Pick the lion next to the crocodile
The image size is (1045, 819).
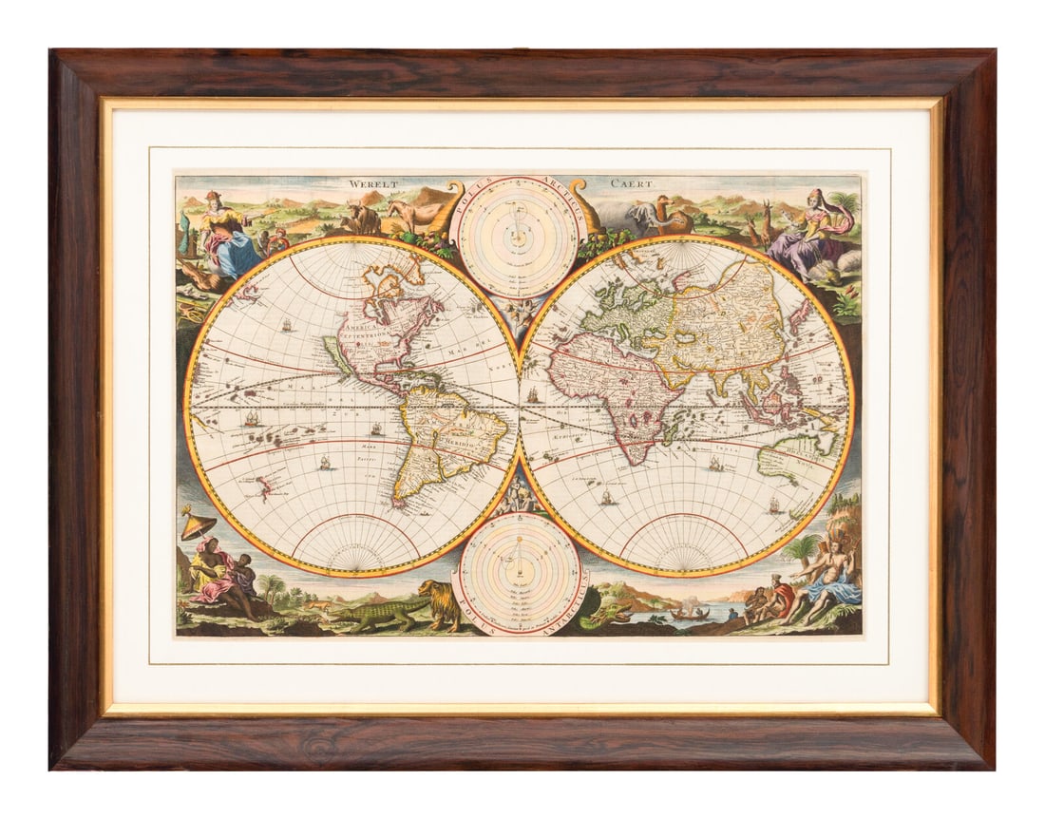[x=440, y=603]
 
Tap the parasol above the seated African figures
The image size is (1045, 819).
[x=197, y=524]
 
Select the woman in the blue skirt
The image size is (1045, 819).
[x=228, y=242]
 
